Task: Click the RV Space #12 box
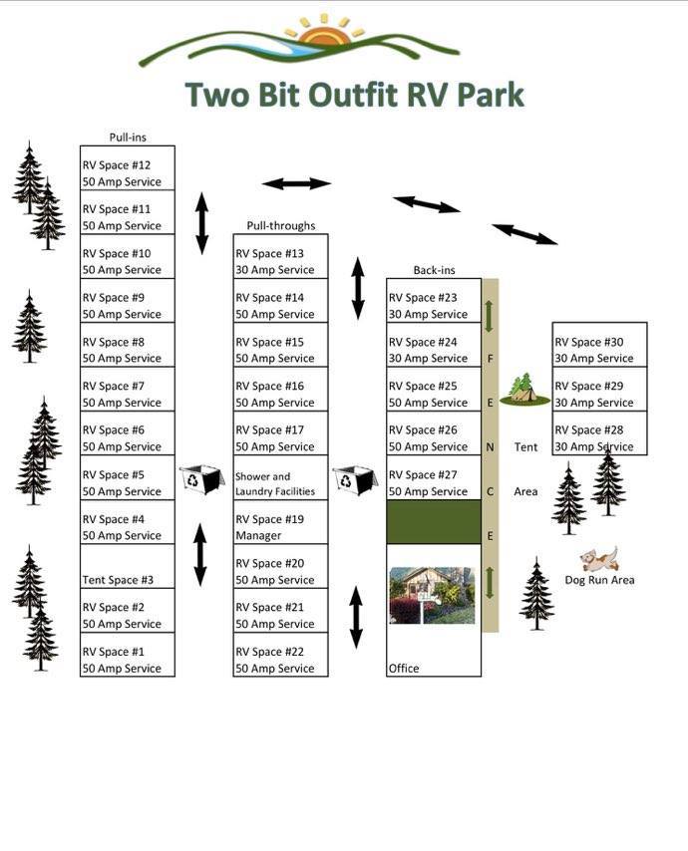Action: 128,168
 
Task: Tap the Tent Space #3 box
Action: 128,566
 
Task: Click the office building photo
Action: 433,595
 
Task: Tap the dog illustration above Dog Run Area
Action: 599,558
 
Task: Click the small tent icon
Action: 524,390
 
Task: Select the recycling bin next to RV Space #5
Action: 202,480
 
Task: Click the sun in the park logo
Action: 323,35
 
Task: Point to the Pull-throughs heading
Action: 280,226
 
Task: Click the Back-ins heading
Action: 434,270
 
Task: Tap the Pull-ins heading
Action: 128,138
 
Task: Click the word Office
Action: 404,668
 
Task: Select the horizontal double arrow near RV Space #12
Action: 296,183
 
